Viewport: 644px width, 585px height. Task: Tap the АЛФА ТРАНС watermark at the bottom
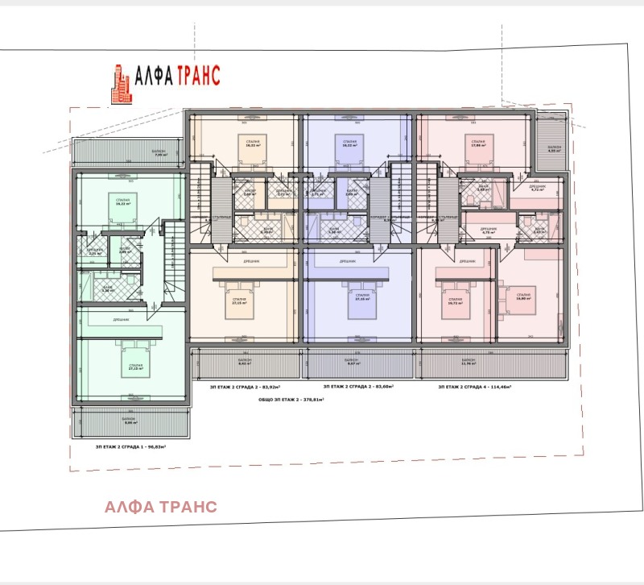(x=160, y=507)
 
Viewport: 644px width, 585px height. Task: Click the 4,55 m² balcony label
(x=553, y=149)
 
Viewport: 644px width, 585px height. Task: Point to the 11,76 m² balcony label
(x=469, y=363)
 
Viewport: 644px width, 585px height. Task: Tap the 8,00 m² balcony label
(x=129, y=421)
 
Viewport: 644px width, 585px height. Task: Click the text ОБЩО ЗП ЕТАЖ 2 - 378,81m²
(x=286, y=399)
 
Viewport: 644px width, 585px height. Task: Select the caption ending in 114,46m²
(x=474, y=387)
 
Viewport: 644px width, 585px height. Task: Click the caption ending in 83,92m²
(x=246, y=387)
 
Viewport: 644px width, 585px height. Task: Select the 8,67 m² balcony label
(x=356, y=363)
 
